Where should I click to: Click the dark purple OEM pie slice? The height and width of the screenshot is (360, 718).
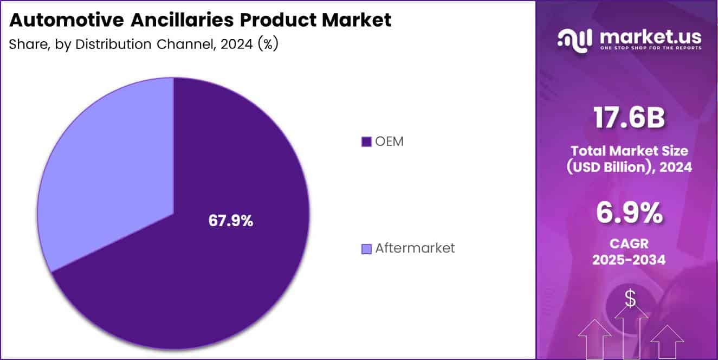tap(217, 271)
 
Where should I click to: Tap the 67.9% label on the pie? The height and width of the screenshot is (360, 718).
tap(231, 221)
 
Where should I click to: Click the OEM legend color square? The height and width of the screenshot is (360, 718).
tap(366, 142)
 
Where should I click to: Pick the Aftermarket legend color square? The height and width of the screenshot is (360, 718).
tap(366, 249)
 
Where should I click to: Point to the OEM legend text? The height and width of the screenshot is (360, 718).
tap(389, 142)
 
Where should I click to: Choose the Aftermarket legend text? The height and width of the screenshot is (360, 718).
tap(415, 248)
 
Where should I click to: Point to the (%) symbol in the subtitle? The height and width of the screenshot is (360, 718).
tap(268, 44)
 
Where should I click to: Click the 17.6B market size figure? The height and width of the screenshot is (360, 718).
tap(629, 118)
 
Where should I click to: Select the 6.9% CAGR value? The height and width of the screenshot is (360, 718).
tap(629, 213)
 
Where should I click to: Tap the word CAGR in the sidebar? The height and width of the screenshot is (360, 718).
tap(629, 243)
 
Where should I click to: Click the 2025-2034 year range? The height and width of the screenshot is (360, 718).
tap(629, 260)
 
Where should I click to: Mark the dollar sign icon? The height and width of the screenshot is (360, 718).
tap(630, 298)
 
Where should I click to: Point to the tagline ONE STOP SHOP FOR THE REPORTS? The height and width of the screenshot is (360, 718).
tap(650, 48)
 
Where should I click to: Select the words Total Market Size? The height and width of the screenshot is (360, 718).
tap(629, 150)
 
